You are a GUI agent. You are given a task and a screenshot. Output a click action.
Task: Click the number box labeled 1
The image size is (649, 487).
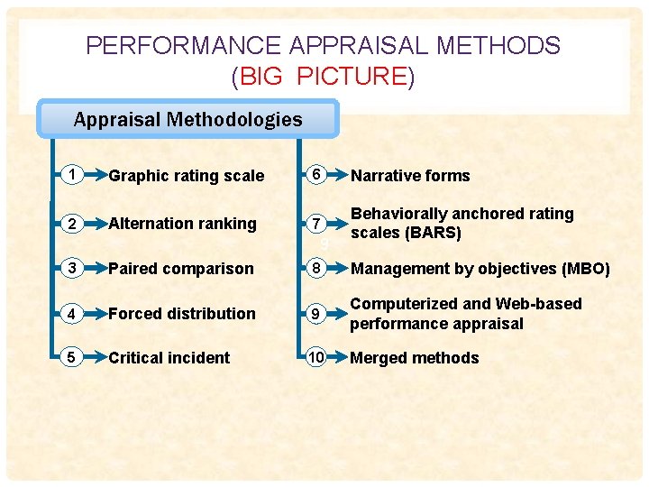tap(71, 175)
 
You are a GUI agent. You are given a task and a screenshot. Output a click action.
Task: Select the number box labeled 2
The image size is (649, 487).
tap(71, 223)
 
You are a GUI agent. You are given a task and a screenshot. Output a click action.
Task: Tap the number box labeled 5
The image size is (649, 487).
tap(71, 357)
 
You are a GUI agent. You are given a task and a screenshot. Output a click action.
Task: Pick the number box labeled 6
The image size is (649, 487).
tap(315, 175)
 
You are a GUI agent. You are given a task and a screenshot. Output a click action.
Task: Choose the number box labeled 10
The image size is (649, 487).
tap(315, 357)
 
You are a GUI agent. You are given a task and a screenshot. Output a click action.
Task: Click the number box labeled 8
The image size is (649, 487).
tap(315, 268)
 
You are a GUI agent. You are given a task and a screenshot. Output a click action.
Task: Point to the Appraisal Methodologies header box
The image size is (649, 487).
tap(187, 119)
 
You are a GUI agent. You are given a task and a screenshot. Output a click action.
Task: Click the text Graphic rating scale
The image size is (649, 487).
tap(187, 176)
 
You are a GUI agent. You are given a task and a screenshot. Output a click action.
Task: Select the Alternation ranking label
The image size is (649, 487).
tap(182, 223)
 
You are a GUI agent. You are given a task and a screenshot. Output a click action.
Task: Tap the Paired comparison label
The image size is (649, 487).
tap(181, 269)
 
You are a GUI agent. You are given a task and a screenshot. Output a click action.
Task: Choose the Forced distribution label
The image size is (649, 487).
tap(182, 314)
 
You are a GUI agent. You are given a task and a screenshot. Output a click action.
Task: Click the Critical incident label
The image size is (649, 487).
tap(169, 358)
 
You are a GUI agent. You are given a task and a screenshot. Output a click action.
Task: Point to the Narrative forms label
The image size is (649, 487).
tap(410, 176)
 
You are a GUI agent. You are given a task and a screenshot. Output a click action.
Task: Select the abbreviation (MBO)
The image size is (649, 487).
tap(586, 269)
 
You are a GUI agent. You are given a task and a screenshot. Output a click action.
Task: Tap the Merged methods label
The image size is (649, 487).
tap(415, 358)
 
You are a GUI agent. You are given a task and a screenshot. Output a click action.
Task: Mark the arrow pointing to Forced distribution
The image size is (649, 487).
tap(94, 313)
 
